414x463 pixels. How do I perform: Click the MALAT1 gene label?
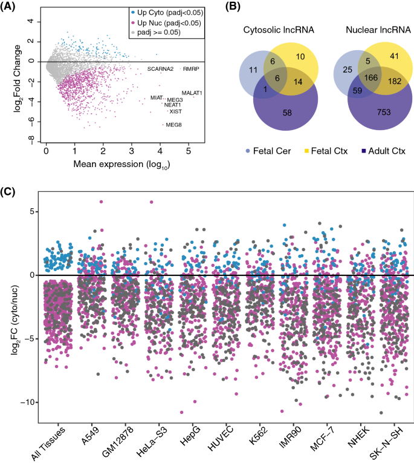192,93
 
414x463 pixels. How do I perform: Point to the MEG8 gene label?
173,125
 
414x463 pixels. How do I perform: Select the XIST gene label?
175,111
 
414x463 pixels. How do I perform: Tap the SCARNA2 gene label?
160,69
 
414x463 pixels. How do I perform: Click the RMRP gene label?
191,69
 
